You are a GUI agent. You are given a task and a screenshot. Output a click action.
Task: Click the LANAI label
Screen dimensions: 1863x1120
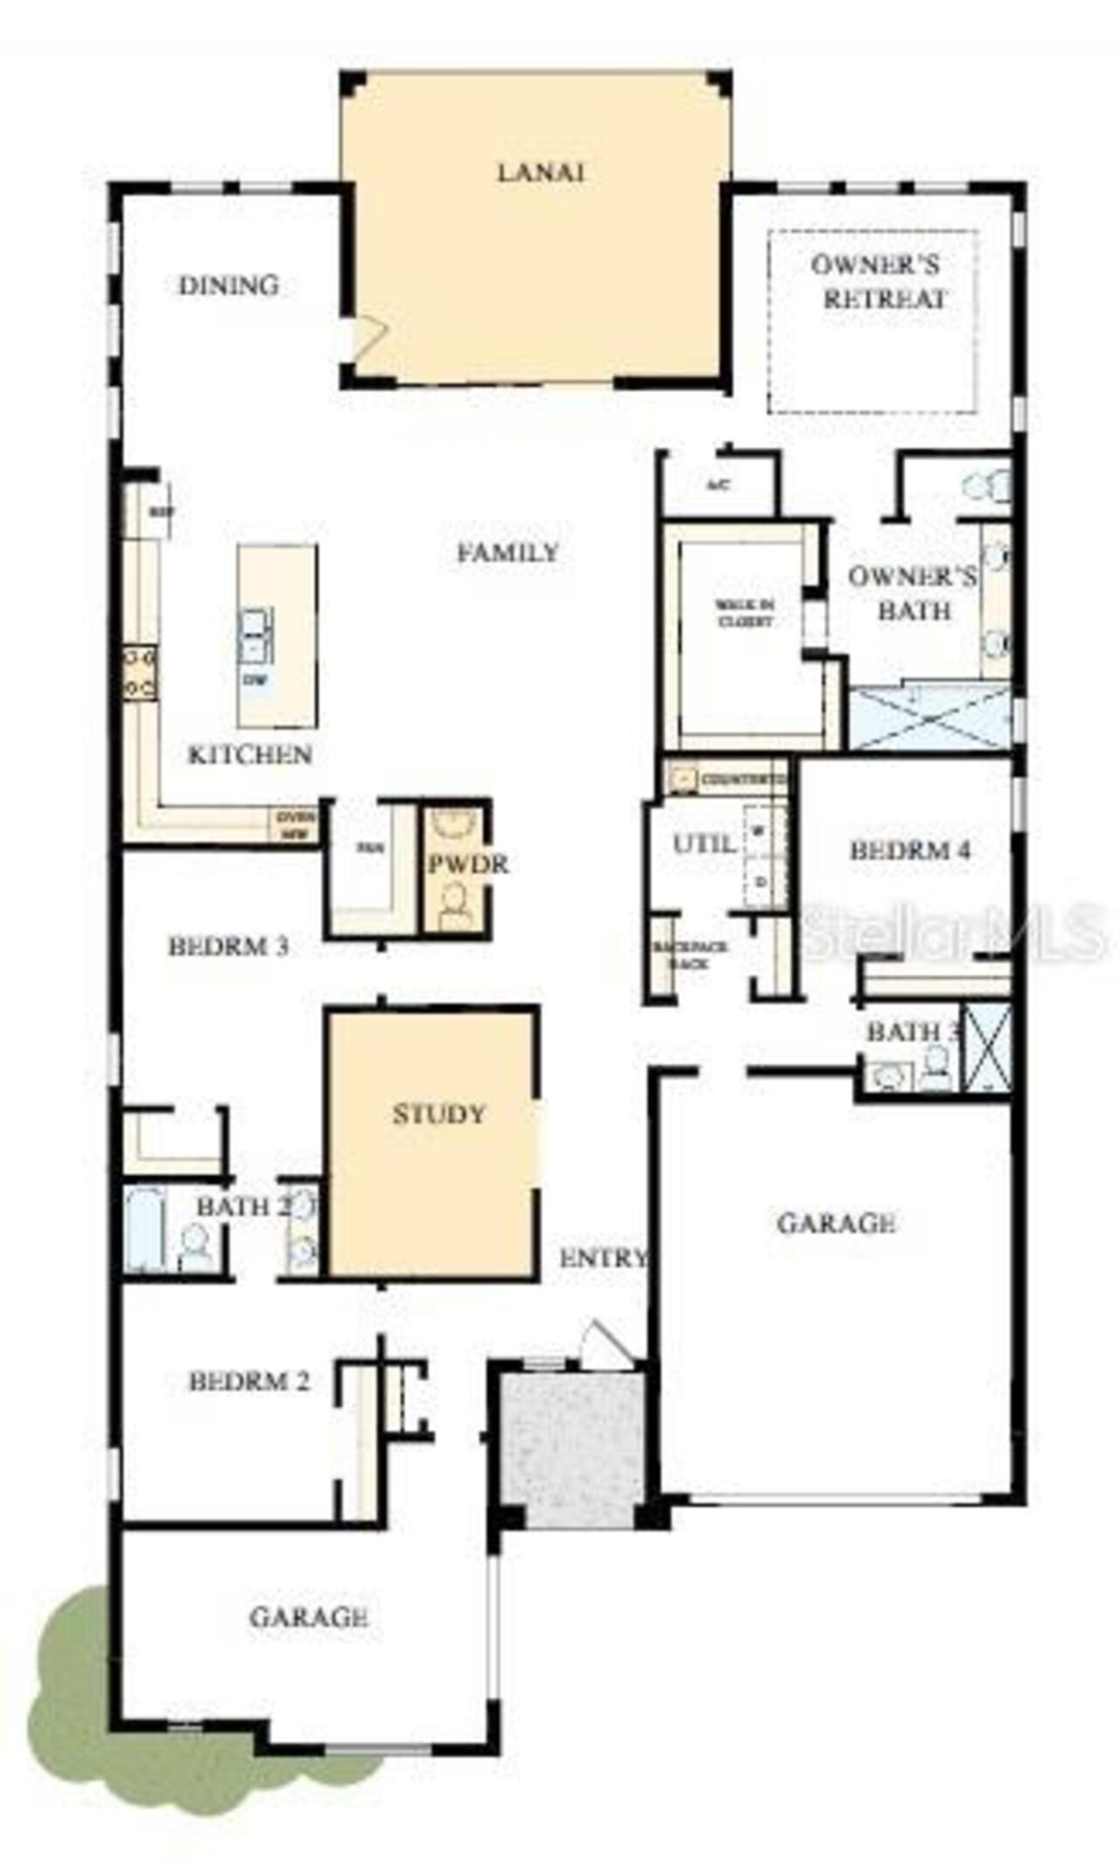tap(540, 172)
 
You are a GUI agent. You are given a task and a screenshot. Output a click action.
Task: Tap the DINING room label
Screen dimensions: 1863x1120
tap(228, 285)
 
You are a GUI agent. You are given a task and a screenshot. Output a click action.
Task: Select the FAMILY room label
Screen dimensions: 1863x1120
tap(507, 553)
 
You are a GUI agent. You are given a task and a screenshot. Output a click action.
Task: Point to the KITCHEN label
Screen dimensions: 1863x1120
tap(250, 754)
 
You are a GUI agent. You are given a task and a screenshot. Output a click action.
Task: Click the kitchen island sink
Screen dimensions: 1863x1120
tap(255, 635)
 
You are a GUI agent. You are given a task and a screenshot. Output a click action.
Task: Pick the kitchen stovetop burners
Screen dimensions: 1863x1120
tap(140, 673)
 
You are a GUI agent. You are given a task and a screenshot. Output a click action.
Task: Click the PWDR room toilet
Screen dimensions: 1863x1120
tap(456, 906)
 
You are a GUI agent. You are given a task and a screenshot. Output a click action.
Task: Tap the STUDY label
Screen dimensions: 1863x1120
tap(438, 1114)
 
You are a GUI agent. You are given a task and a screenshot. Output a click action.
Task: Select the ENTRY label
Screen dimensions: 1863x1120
tap(603, 1258)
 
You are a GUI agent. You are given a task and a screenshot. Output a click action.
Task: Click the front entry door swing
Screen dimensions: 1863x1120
tap(604, 1344)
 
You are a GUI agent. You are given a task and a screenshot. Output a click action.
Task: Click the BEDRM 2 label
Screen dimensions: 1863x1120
tap(249, 1382)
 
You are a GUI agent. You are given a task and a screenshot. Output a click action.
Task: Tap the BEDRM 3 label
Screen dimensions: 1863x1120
tap(228, 947)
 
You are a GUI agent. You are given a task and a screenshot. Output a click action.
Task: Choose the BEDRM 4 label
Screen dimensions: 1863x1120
tap(910, 851)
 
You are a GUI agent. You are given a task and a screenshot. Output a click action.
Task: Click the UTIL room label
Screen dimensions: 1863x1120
tap(703, 844)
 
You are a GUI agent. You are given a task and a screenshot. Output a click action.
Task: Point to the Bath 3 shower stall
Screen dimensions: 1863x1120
tap(987, 1048)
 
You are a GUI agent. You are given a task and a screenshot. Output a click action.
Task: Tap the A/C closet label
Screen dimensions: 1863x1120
tap(718, 485)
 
